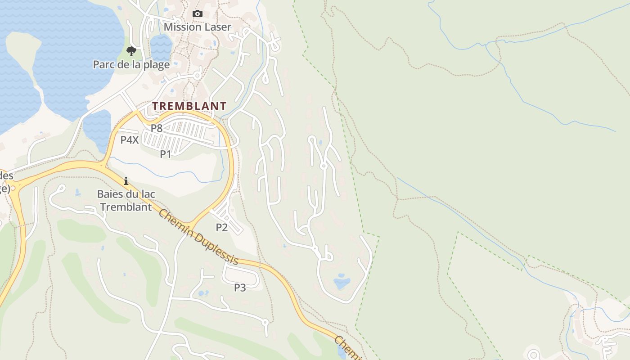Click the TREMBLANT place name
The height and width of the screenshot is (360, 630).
tap(189, 106)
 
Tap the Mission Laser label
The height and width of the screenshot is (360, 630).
tap(197, 27)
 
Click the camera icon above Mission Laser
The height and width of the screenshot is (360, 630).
tap(197, 14)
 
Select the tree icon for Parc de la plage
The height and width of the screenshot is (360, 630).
tap(131, 51)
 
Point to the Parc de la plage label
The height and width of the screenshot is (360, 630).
tap(131, 65)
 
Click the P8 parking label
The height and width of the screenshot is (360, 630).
tap(156, 128)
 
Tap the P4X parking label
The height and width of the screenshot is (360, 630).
tap(129, 140)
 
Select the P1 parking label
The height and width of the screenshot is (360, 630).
tap(166, 154)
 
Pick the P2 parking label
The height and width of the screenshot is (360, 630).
tap(221, 228)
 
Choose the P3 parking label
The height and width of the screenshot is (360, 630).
tap(240, 288)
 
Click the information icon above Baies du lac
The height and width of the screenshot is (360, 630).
tap(126, 181)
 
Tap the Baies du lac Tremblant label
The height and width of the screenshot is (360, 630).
tap(126, 201)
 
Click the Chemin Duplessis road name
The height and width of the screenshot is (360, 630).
tap(198, 237)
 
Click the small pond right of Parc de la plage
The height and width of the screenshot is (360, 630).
tap(161, 47)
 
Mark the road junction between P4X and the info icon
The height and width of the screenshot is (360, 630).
tap(104, 166)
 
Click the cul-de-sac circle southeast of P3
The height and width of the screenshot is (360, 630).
tap(265, 322)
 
